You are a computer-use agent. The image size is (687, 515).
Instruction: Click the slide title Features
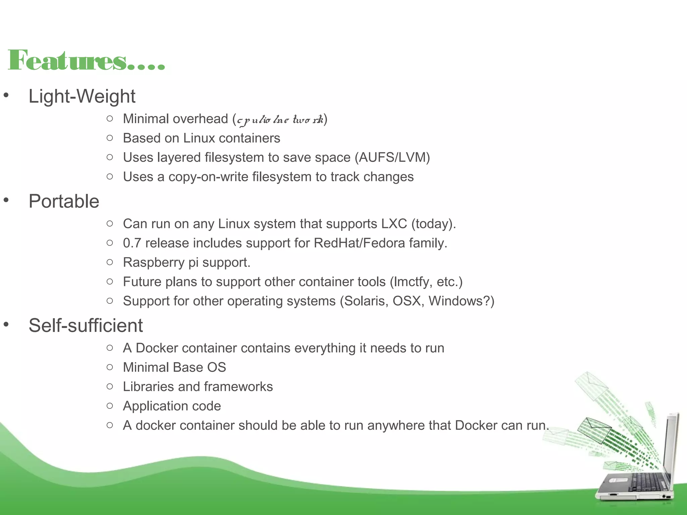coord(86,60)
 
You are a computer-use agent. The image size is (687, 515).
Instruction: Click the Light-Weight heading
coord(82,97)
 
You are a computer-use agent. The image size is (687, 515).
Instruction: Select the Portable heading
coord(64,202)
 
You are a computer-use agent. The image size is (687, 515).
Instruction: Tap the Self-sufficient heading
coord(86,326)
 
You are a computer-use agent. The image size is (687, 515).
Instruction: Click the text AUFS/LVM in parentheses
coord(392,158)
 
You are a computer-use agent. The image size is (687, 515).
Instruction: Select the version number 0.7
coord(132,243)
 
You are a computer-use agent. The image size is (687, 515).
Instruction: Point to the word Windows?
coord(459,301)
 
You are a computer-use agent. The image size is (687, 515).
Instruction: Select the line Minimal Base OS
coord(174,367)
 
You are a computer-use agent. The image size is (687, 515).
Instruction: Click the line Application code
coord(172,406)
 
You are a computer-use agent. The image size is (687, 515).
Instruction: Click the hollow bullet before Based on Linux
coord(110,138)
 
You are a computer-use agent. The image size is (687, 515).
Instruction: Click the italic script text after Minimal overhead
coord(280,120)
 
